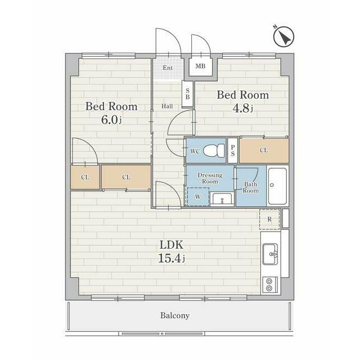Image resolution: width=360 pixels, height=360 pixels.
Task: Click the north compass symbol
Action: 283,37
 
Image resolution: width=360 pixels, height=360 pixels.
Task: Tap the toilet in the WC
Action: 214,151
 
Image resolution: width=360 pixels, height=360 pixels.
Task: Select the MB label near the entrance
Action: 200,66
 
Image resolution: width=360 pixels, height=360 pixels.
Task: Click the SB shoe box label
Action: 187,94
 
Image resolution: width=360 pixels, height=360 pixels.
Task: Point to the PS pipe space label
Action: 233,151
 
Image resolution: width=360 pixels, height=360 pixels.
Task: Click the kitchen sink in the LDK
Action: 270,254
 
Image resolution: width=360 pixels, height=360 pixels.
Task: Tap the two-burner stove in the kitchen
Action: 269,285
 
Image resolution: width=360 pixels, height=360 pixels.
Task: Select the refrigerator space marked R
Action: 270,219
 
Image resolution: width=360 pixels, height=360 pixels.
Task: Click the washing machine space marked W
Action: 199,196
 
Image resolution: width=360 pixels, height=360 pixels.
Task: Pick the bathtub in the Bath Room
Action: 277,186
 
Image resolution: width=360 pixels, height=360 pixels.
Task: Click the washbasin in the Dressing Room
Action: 222,199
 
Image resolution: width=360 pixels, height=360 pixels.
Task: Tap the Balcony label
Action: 175,316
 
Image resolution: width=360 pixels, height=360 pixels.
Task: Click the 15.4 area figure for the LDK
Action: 172,259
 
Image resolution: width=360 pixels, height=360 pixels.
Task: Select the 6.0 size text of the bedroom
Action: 111,120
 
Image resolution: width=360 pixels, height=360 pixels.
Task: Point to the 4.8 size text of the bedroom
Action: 242,109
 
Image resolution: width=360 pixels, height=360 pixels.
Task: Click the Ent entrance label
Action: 168,67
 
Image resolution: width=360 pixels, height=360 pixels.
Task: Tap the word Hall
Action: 167,106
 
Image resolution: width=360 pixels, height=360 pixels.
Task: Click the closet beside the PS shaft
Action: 264,151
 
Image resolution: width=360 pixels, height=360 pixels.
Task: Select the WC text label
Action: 195,151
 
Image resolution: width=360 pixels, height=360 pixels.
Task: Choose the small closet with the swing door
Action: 85,177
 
